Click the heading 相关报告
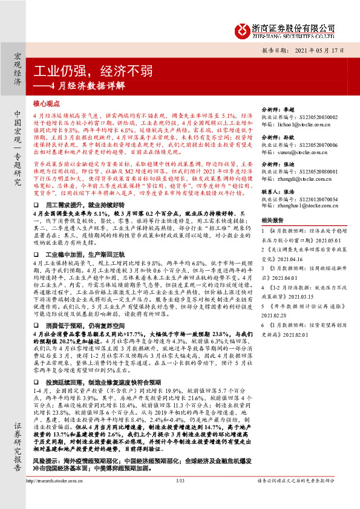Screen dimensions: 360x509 [270, 220]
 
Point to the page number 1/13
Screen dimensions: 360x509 [180, 498]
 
